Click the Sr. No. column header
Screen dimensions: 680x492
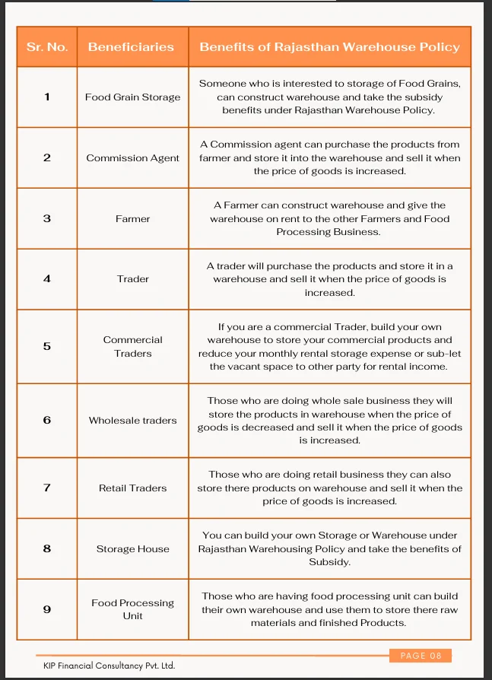point(47,47)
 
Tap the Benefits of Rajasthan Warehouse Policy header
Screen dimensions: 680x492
point(329,47)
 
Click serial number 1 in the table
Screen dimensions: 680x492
point(47,97)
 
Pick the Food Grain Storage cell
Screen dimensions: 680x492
point(132,97)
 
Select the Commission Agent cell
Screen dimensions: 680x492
point(132,158)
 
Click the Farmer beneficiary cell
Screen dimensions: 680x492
point(132,219)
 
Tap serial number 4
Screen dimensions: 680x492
point(47,278)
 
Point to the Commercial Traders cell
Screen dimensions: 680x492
point(132,346)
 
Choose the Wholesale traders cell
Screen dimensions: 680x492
point(132,421)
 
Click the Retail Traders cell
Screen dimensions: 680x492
point(132,488)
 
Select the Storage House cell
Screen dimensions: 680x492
point(132,549)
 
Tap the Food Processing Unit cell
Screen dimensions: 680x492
point(132,609)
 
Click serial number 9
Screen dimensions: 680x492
point(47,609)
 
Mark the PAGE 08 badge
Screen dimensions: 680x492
point(421,656)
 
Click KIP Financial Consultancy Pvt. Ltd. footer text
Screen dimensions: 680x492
point(109,666)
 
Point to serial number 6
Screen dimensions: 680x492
point(47,420)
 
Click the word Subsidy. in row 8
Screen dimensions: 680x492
point(329,562)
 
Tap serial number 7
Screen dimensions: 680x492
point(47,488)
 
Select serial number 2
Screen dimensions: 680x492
point(47,157)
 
